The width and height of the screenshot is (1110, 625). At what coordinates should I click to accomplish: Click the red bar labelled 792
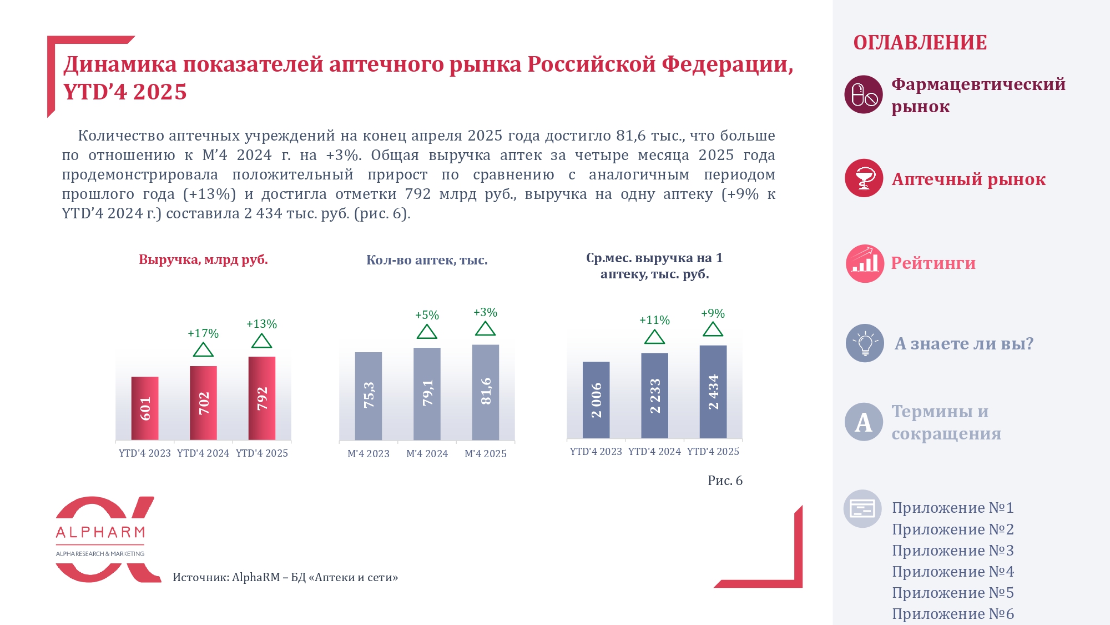(262, 398)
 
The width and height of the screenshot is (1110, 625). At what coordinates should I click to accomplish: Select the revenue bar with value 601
(145, 408)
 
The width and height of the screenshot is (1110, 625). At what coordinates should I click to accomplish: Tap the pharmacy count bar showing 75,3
(369, 396)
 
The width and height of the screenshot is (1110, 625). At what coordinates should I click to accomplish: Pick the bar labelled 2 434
(713, 392)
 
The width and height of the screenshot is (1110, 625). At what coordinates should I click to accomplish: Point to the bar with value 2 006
(596, 400)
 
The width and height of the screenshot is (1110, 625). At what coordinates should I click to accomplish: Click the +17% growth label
(203, 333)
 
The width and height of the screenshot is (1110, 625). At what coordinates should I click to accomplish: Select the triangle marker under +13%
(261, 341)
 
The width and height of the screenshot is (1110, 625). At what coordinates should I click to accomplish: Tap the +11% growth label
(654, 320)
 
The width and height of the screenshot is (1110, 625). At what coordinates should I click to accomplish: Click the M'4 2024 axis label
(427, 454)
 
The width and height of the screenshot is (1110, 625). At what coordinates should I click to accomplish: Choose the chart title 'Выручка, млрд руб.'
(203, 259)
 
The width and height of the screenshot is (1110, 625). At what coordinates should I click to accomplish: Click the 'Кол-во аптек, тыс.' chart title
(427, 260)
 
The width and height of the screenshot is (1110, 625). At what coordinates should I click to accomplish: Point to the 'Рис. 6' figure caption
(725, 481)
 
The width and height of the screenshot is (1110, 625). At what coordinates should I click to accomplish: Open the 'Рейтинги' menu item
(933, 263)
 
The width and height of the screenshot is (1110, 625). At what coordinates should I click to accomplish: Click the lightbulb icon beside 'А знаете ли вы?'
(865, 343)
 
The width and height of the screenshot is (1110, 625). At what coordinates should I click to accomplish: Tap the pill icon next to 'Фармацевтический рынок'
(864, 94)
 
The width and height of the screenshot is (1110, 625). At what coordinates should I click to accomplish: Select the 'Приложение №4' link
(953, 572)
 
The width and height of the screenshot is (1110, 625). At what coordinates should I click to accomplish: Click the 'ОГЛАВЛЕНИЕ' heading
(920, 43)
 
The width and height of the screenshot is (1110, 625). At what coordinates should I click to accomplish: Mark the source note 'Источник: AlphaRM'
(285, 577)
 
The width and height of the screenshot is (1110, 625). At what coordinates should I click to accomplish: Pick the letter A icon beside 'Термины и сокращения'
(864, 422)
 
